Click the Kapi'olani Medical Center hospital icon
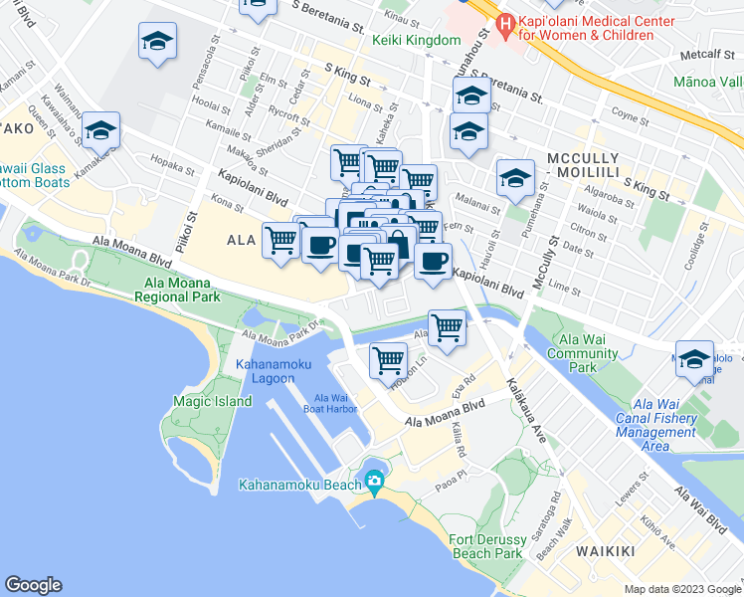[505, 27]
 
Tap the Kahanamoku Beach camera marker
[374, 483]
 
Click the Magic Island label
[212, 402]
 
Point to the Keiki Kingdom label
[417, 40]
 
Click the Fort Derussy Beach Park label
[485, 545]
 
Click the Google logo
[34, 584]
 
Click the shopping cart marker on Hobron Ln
[388, 361]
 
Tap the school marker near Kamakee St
[99, 131]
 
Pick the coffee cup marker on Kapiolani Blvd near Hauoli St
[432, 263]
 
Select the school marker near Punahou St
[469, 97]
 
